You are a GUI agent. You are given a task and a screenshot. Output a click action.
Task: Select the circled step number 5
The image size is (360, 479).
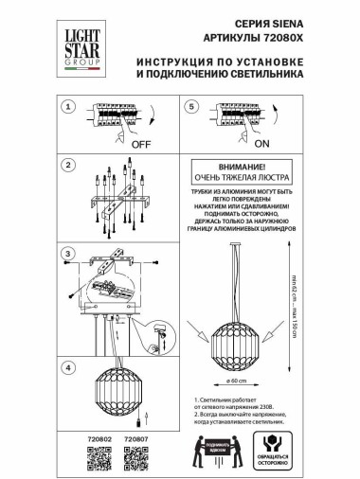click(191, 109)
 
